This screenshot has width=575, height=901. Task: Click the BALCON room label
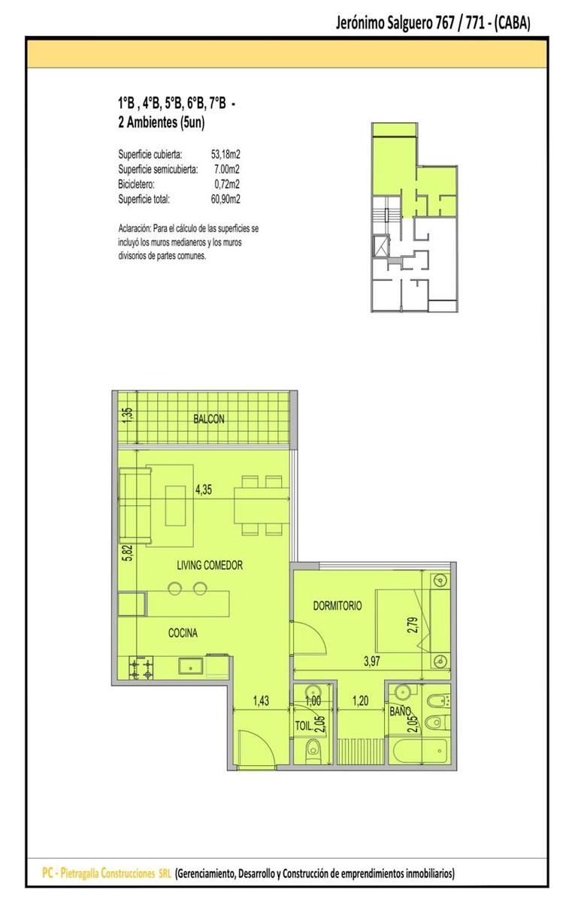click(x=209, y=419)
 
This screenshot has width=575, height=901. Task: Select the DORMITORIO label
click(x=337, y=606)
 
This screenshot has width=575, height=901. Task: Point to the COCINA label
click(x=183, y=633)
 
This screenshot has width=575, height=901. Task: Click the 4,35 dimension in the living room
click(x=204, y=490)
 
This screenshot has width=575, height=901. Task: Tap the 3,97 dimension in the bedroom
click(x=371, y=661)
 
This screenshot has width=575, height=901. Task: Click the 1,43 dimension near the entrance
click(x=261, y=701)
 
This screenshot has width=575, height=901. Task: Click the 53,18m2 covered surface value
click(x=225, y=154)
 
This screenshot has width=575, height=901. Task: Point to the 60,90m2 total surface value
click(x=225, y=199)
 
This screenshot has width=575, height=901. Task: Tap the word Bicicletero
click(x=136, y=184)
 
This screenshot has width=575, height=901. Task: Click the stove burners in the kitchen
click(x=141, y=668)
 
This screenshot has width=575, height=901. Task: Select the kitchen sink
click(x=192, y=665)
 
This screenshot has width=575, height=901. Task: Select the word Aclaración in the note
click(x=135, y=229)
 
